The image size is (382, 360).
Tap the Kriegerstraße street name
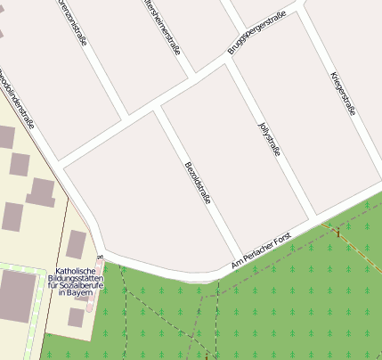(343, 93)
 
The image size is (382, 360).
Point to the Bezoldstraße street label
(197, 184)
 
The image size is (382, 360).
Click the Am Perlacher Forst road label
(261, 253)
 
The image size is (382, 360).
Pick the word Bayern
(80, 293)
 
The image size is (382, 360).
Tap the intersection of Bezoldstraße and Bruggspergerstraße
(158, 107)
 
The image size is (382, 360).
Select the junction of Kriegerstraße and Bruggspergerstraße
(301, 11)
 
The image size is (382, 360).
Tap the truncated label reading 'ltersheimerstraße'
(160, 26)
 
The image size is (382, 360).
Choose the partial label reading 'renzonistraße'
(76, 20)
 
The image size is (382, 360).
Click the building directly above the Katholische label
(77, 243)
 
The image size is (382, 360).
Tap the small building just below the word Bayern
(76, 316)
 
